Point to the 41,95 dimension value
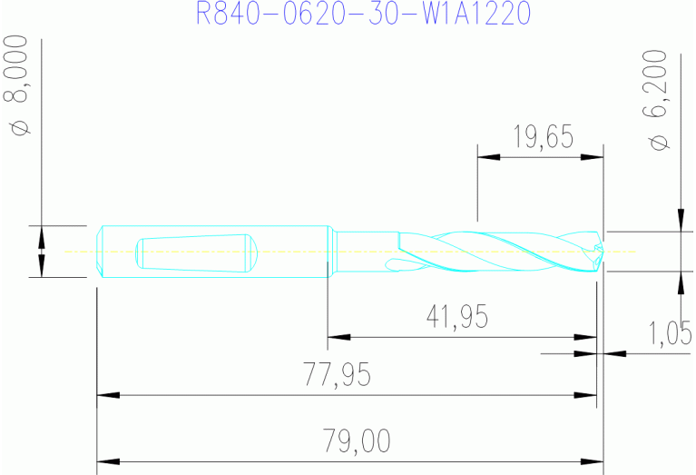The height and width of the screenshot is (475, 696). pos(456,316)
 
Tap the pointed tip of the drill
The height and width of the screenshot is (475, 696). pos(600,250)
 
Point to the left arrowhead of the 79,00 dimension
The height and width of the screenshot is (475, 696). pos(108,461)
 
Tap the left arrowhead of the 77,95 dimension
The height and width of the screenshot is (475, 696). pos(108,396)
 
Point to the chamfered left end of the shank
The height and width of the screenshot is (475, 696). pos(101,252)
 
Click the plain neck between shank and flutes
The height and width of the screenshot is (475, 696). pos(367,250)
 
